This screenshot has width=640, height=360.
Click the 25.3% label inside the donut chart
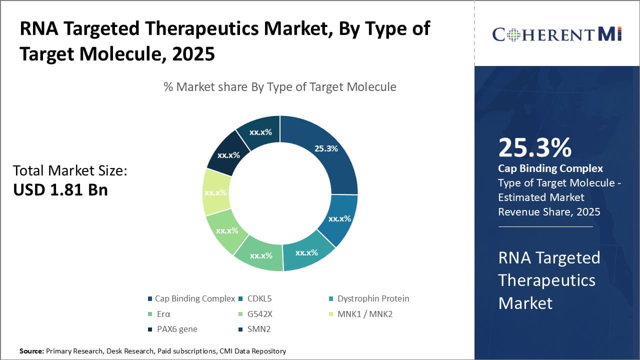tap(326, 148)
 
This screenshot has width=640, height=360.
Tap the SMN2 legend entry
tap(259, 329)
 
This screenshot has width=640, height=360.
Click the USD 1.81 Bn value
tap(60, 190)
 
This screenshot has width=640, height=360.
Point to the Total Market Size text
tap(70, 171)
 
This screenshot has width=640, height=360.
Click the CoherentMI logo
tap(556, 34)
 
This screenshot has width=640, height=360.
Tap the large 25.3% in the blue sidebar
tap(534, 147)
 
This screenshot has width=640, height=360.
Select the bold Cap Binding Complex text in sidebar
tap(550, 168)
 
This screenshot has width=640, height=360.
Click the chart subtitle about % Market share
tap(280, 87)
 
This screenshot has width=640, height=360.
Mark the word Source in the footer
tap(31, 351)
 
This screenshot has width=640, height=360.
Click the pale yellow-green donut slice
tap(215, 192)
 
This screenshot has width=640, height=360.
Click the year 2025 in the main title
tap(193, 53)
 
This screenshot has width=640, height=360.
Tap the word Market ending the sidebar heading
tap(525, 303)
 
